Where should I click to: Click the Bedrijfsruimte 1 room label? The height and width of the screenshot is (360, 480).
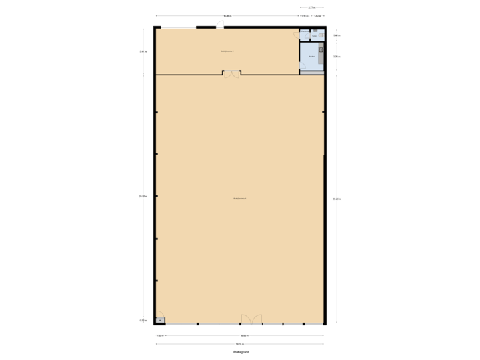pos(240,199)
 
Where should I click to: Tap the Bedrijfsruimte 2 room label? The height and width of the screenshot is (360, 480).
pos(227,51)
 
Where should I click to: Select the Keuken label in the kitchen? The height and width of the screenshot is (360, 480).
pos(311,57)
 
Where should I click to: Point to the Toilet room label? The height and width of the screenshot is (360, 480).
pos(314,36)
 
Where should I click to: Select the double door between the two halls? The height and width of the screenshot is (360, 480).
pos(231,73)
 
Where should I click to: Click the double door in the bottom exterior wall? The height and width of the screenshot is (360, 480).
pos(251,320)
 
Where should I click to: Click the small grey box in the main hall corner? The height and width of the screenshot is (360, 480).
pos(160,320)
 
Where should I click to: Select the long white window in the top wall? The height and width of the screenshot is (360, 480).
pos(179,27)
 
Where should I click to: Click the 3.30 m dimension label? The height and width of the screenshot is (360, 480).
pos(337,57)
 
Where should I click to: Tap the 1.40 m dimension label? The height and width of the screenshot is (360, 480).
pos(337,35)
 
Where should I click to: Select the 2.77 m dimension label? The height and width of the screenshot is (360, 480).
pos(311,8)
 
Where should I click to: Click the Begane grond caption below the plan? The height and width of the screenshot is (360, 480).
pos(241,351)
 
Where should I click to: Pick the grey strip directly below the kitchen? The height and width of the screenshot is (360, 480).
pos(311,72)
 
